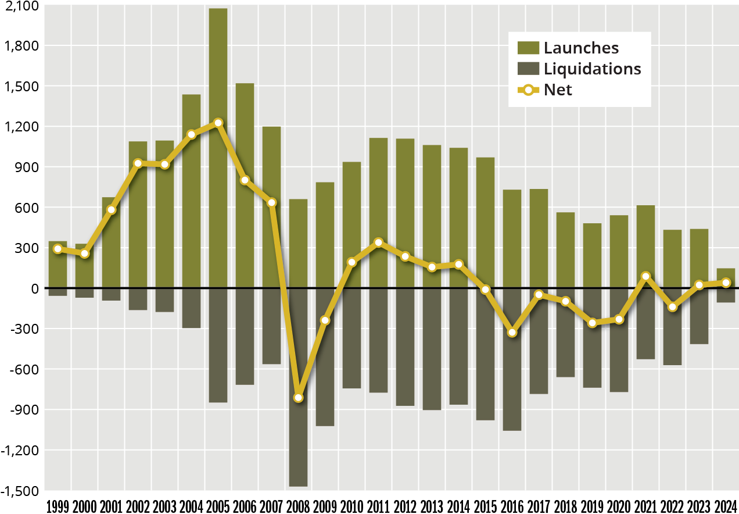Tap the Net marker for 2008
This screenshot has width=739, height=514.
tap(298, 398)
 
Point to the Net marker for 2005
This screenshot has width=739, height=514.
tap(218, 123)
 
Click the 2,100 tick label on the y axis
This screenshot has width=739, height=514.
tap(21, 6)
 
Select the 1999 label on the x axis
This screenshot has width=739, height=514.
tap(58, 506)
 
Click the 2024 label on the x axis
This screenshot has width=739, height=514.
tap(726, 506)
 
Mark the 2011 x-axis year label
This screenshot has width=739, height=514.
tap(378, 506)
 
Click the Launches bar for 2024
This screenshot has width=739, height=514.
tap(726, 279)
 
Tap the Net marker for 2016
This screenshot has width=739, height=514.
tap(512, 333)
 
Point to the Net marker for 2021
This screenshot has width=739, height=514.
tap(645, 277)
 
